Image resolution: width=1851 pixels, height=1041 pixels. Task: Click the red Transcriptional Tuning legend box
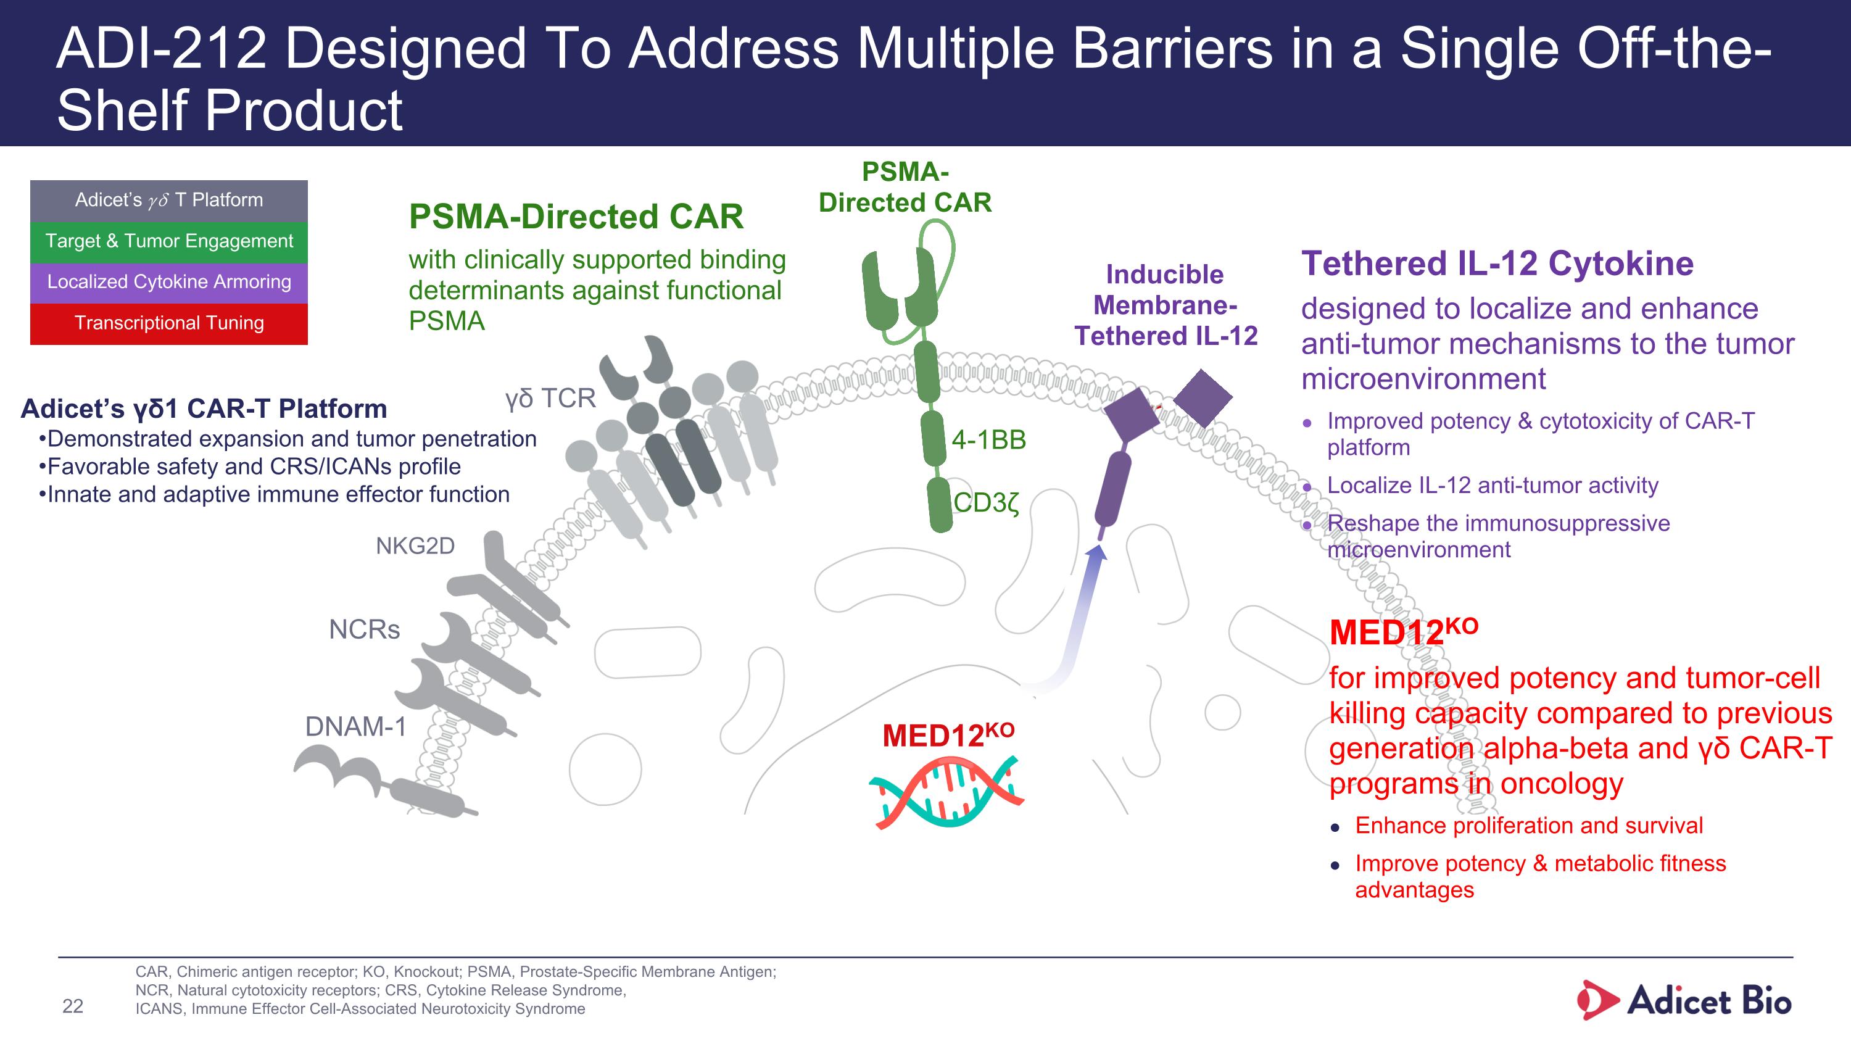(x=169, y=323)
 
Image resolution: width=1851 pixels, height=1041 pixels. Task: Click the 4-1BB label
(x=988, y=440)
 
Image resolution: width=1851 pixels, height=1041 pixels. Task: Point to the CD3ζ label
(x=986, y=503)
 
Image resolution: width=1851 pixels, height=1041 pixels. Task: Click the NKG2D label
(x=415, y=546)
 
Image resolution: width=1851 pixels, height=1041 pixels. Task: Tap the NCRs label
(x=364, y=629)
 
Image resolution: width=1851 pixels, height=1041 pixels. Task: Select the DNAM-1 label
(x=355, y=727)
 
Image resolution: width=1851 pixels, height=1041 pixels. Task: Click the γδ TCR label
(x=550, y=399)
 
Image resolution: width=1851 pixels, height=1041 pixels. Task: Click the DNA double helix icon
(x=946, y=791)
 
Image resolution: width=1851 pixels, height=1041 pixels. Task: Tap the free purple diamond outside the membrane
(x=1203, y=398)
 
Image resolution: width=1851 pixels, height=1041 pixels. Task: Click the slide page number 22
(x=73, y=1006)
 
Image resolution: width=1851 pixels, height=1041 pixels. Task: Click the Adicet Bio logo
(x=1684, y=1000)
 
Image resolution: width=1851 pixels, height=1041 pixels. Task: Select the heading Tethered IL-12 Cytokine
(x=1497, y=263)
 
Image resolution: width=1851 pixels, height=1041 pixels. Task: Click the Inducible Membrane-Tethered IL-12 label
(x=1166, y=305)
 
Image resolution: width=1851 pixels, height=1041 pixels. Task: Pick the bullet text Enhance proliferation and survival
(x=1529, y=826)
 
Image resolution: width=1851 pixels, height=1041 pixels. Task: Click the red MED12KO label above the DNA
(x=948, y=734)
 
